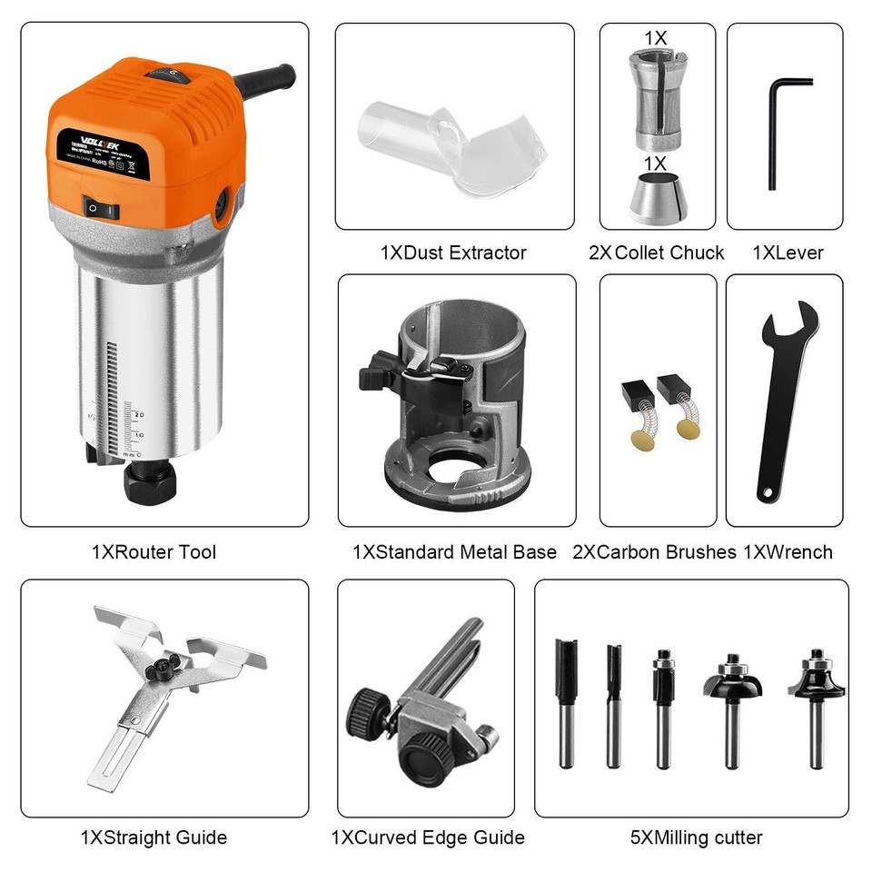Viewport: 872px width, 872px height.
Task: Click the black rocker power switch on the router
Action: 102,207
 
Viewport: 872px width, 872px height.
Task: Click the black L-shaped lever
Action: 778,127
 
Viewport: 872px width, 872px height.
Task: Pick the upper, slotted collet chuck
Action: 656,100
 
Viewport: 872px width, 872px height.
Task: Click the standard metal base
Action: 454,409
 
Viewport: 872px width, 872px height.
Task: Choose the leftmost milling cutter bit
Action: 567,699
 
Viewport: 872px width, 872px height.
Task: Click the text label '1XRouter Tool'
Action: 154,551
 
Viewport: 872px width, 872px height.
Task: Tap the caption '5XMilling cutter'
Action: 697,837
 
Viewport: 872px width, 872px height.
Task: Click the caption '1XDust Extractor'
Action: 453,253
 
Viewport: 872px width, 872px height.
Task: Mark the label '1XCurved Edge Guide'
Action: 427,837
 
